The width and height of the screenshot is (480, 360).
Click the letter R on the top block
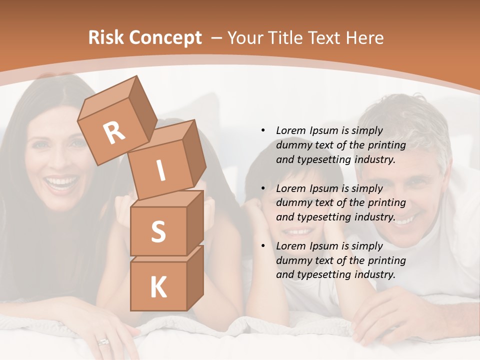click(x=114, y=133)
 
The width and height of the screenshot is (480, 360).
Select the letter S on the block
click(x=158, y=232)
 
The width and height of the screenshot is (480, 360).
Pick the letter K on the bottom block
click(x=158, y=287)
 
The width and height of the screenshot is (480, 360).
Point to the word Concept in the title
click(x=165, y=38)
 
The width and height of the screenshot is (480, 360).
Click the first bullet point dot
click(x=263, y=130)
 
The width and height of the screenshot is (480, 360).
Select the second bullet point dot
click(x=263, y=188)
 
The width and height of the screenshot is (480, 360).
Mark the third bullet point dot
click(x=263, y=246)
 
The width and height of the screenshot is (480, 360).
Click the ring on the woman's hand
click(x=103, y=342)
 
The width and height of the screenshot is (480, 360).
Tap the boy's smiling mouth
click(x=298, y=231)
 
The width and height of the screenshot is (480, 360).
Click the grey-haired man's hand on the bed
click(x=380, y=315)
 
